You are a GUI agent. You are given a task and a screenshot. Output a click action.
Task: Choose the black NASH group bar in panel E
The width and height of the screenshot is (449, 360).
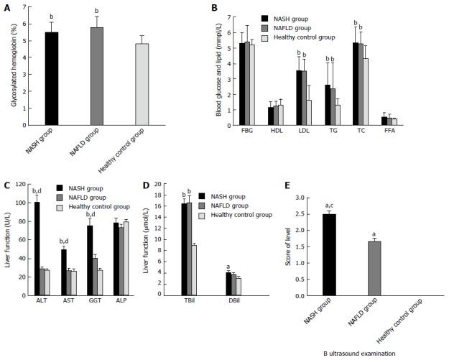330,254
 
